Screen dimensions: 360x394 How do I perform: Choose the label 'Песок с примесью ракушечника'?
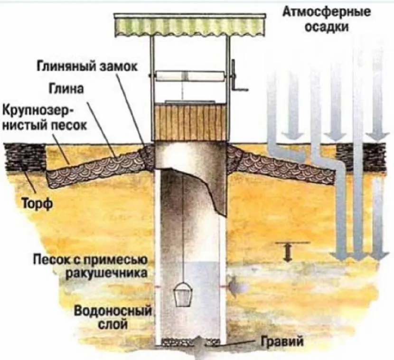pyautogui.click(x=92, y=267)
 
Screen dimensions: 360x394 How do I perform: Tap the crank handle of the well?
pyautogui.click(x=236, y=78)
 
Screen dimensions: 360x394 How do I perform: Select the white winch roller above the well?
pyautogui.click(x=189, y=76)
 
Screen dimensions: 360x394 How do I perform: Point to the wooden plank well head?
pyautogui.click(x=189, y=122)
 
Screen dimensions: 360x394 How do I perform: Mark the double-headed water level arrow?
pyautogui.click(x=287, y=252)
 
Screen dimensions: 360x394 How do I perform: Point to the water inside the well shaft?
pyautogui.click(x=190, y=313)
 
